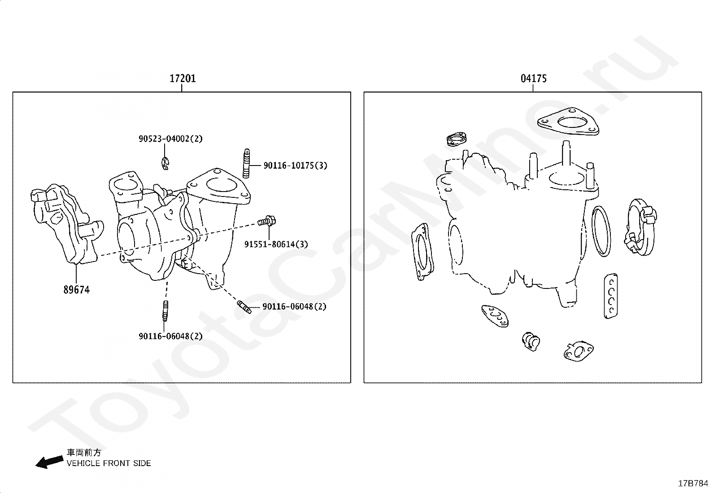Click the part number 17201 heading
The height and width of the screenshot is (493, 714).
183,79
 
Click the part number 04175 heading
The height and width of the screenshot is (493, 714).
533,79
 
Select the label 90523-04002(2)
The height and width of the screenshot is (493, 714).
170,139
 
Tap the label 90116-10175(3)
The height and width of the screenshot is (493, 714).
295,166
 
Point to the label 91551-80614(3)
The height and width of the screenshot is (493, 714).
276,244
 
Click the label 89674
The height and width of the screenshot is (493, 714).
76,290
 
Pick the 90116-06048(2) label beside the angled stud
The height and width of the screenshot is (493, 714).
294,307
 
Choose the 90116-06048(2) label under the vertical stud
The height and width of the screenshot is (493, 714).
170,336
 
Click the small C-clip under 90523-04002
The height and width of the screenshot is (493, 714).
166,164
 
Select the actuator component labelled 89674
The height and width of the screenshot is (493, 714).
65,224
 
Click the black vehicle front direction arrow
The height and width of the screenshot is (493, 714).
49,462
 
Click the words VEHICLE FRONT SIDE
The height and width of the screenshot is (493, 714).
109,463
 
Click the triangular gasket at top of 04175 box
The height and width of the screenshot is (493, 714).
568,122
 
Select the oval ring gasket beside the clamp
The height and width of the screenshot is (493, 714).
601,231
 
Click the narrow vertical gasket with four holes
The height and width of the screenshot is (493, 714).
610,296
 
